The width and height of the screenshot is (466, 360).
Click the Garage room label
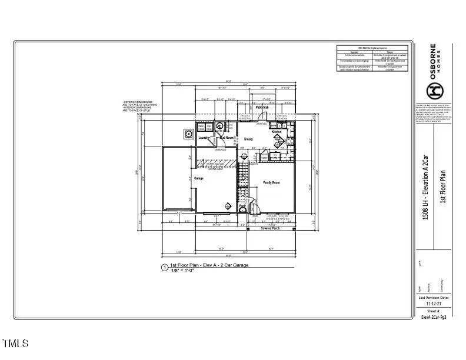[199, 178]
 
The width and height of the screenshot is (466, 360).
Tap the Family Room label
[271, 183]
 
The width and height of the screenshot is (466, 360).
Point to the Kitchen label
[277, 132]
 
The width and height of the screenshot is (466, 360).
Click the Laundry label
[204, 138]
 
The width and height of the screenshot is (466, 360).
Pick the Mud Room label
[227, 137]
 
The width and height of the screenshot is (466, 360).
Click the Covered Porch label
[271, 228]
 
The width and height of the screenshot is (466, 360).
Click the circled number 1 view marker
[164, 268]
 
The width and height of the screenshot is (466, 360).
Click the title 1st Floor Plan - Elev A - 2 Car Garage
[209, 266]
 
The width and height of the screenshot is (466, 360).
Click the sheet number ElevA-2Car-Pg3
[434, 316]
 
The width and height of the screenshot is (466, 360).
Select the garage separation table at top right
[372, 58]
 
